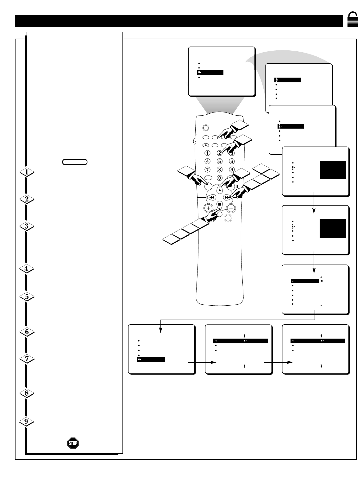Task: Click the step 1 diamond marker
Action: click(27, 172)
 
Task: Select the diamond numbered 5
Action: click(27, 297)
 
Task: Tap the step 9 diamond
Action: click(27, 422)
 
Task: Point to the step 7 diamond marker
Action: click(27, 359)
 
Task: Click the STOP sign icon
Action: click(73, 443)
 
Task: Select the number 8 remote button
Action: click(220, 170)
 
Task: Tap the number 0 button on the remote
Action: click(220, 178)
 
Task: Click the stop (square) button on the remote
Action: click(220, 205)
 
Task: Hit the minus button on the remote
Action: click(228, 218)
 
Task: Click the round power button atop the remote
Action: click(206, 128)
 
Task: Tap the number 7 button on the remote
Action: click(208, 170)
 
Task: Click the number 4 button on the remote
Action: click(208, 162)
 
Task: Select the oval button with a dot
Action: click(206, 145)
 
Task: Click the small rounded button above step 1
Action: click(75, 162)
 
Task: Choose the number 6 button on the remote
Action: click(232, 162)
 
